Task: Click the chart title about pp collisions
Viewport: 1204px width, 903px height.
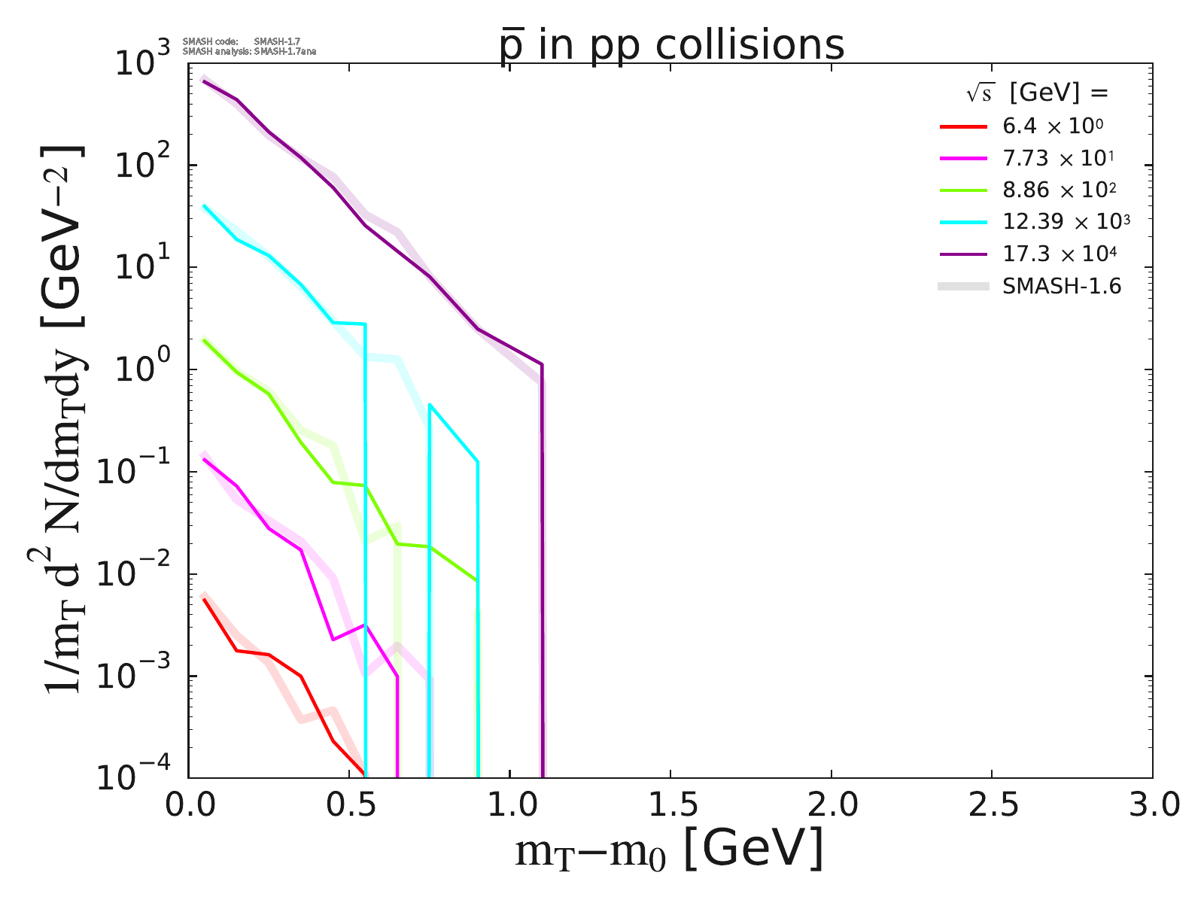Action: click(671, 45)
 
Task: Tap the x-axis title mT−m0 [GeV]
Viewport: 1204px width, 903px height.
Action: click(669, 850)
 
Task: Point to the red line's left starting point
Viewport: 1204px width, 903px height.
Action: click(205, 599)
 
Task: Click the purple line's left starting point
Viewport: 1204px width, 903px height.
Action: click(205, 81)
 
